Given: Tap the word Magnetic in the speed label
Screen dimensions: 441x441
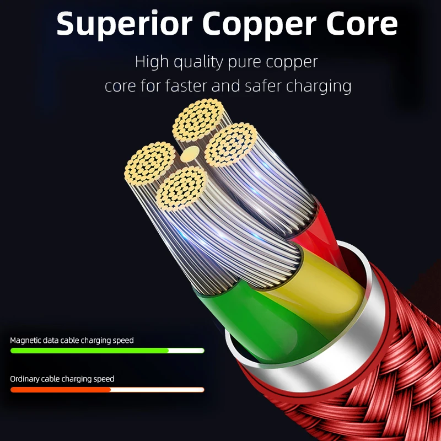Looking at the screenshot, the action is [x=28, y=341].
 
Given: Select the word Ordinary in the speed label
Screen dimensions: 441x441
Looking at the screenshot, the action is [x=27, y=379].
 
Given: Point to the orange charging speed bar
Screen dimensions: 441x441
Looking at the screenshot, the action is [x=61, y=390].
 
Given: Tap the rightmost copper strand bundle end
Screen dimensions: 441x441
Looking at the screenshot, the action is [x=231, y=145].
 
